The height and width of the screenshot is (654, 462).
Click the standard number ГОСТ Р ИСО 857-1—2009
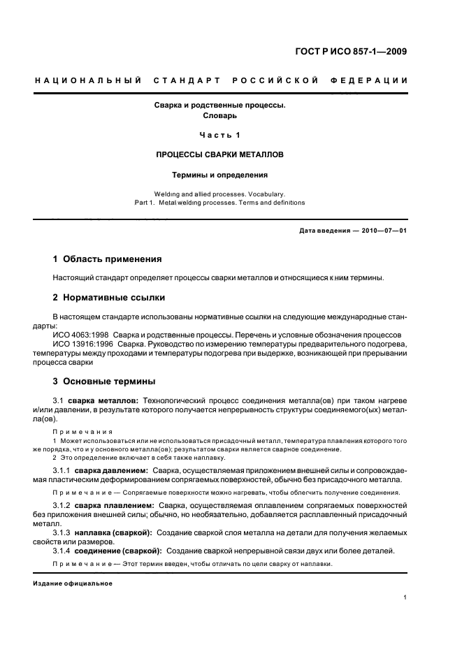click(351, 51)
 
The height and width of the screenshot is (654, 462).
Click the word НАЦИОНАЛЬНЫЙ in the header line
click(89, 80)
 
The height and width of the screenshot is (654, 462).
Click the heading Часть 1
click(220, 135)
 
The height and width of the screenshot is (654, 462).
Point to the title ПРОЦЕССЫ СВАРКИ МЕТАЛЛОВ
click(220, 154)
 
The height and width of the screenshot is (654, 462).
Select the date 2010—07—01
click(382, 231)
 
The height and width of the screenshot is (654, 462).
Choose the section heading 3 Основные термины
click(104, 381)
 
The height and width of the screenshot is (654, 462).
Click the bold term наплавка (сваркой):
click(119, 532)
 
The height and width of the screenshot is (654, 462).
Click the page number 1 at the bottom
click(405, 598)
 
